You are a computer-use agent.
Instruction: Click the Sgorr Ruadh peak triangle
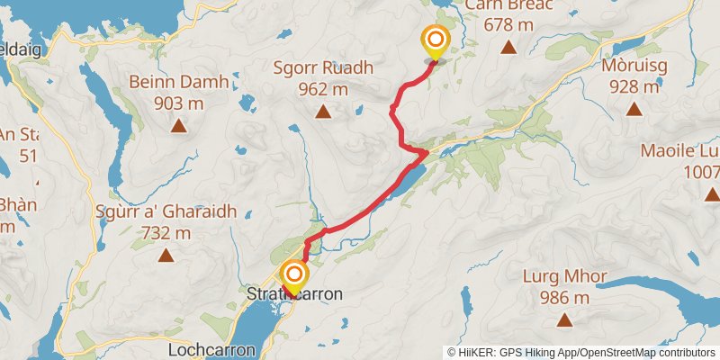pyautogui.click(x=322, y=112)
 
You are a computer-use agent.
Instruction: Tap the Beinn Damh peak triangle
pyautogui.click(x=179, y=126)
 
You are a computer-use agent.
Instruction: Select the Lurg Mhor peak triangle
pyautogui.click(x=564, y=319)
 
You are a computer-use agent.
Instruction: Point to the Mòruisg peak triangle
pyautogui.click(x=634, y=109)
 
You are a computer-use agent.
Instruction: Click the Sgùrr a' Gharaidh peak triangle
pyautogui.click(x=166, y=256)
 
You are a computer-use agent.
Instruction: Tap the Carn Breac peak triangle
pyautogui.click(x=508, y=47)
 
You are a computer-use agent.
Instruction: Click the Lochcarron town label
pyautogui.click(x=211, y=348)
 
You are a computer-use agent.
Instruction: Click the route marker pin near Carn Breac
pyautogui.click(x=436, y=41)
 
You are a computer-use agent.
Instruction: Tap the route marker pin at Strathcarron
pyautogui.click(x=293, y=275)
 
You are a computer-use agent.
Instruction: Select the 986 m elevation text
pyautogui.click(x=564, y=297)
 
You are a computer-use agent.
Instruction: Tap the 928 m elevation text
pyautogui.click(x=634, y=86)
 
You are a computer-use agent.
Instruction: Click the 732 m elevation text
pyautogui.click(x=166, y=233)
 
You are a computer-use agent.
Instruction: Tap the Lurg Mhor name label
pyautogui.click(x=564, y=276)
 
